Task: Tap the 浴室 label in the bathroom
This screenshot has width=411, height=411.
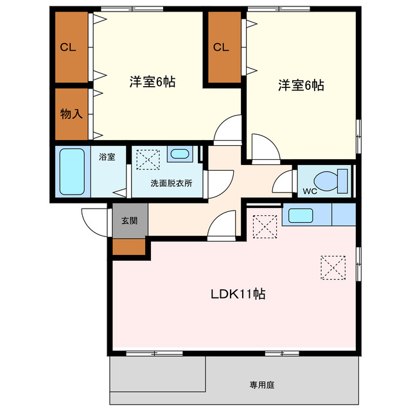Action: pos(107,157)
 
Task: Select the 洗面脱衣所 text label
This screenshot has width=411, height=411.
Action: pos(171,182)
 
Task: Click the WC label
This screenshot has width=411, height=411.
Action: pos(310,191)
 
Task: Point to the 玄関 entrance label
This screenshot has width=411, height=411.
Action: pos(129,220)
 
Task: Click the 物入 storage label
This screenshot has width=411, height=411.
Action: pos(71,114)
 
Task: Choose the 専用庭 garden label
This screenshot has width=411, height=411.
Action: pos(262,385)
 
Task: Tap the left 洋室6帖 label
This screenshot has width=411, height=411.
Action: pos(153,82)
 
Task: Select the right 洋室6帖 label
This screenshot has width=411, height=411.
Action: pos(301,85)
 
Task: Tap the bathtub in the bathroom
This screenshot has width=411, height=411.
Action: pos(72,171)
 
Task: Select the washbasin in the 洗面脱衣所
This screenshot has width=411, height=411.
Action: pos(179,155)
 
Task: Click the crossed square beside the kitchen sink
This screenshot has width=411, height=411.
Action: pos(263,226)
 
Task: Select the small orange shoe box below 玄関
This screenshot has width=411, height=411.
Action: pos(129,247)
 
